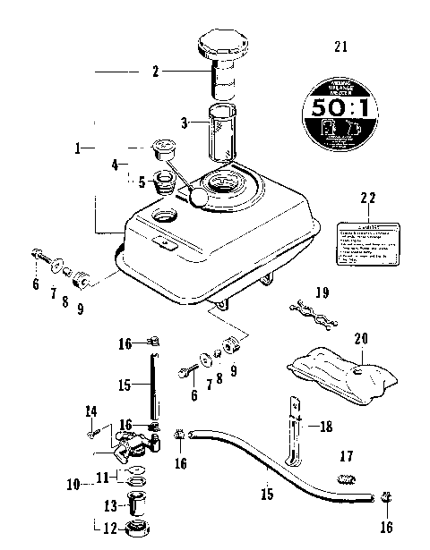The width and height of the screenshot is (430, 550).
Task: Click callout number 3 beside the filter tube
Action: click(185, 123)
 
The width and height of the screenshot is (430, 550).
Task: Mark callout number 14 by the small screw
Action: click(90, 411)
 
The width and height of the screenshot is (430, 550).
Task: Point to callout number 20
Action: click(361, 338)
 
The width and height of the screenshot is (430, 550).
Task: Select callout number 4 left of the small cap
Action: click(115, 165)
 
